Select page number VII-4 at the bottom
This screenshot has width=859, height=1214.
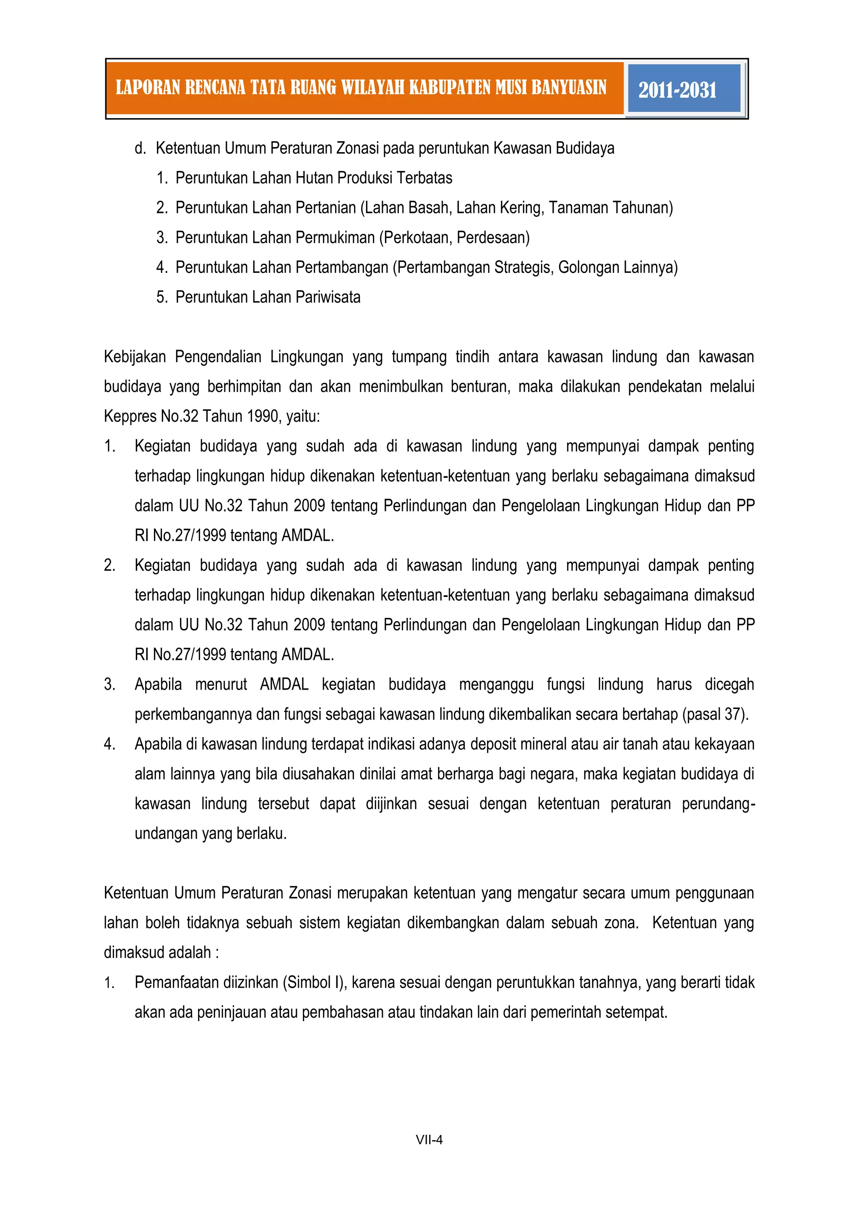[x=429, y=1139]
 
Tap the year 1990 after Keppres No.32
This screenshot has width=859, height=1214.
[x=261, y=417]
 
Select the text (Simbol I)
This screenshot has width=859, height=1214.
[x=314, y=983]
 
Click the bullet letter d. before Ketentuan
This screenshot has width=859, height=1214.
[x=140, y=148]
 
